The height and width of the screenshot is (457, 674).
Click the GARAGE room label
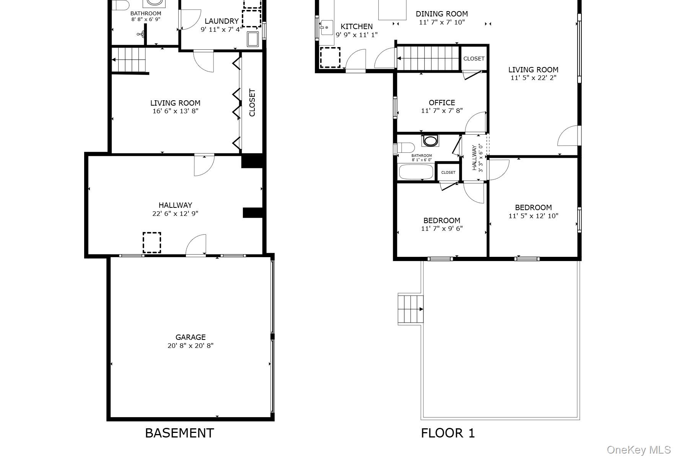click(190, 337)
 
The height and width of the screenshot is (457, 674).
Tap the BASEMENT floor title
click(179, 433)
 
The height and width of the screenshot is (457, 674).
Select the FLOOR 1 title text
click(448, 433)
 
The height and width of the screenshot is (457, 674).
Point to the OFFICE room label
click(442, 103)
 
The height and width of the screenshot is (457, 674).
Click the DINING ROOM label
click(442, 14)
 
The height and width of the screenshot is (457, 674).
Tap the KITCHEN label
click(357, 26)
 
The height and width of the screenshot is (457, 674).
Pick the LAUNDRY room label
click(221, 21)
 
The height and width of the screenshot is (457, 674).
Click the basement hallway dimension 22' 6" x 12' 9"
click(175, 214)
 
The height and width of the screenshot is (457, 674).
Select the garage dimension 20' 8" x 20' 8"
click(190, 346)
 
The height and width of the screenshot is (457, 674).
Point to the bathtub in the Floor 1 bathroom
click(416, 171)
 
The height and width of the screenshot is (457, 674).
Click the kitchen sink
click(327, 28)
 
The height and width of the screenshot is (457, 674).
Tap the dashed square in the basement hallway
click(152, 243)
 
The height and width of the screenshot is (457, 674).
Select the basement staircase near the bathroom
click(130, 59)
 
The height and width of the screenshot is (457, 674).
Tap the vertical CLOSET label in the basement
click(252, 103)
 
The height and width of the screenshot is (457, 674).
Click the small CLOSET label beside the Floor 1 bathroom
click(448, 173)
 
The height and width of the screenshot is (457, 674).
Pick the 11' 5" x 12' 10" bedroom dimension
click(533, 216)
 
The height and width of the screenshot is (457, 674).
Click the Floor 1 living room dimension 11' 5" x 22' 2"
click(533, 78)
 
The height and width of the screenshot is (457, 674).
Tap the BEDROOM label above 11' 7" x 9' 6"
click(442, 220)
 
